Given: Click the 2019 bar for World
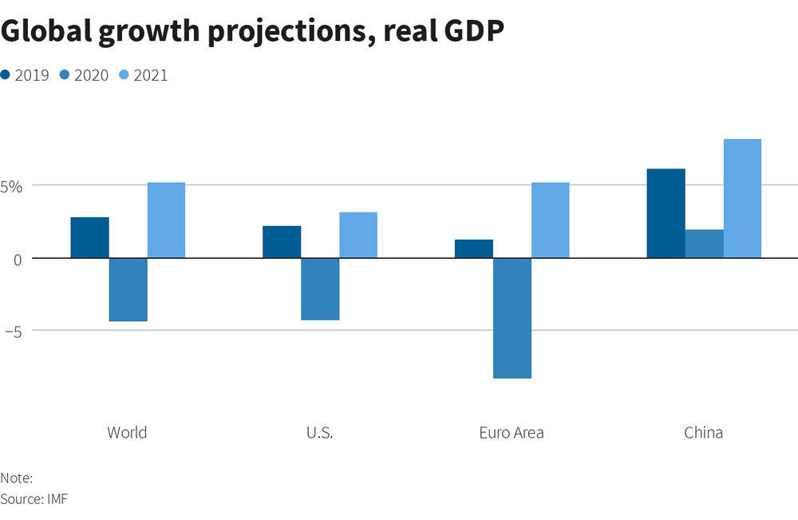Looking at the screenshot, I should [89, 237].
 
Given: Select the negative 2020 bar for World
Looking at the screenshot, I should [128, 289].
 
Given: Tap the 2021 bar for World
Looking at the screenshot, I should [166, 220].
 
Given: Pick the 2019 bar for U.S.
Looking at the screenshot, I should [282, 242].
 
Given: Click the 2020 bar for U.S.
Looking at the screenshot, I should [320, 288].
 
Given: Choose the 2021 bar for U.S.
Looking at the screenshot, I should [358, 235].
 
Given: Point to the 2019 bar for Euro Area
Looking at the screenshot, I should [474, 248].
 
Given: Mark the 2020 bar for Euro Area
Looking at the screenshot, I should [512, 318].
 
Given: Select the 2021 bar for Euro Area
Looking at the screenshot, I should [551, 220].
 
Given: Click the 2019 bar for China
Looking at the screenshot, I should [666, 213].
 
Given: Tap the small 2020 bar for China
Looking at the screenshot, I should [704, 244].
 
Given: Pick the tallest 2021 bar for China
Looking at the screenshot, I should [742, 198].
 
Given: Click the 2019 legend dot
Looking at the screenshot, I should [6, 75].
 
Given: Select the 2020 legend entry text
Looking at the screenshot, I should [91, 76].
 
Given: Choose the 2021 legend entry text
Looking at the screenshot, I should [151, 76].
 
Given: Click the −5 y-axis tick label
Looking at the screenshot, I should [12, 330].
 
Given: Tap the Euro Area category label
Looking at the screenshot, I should [512, 433].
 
